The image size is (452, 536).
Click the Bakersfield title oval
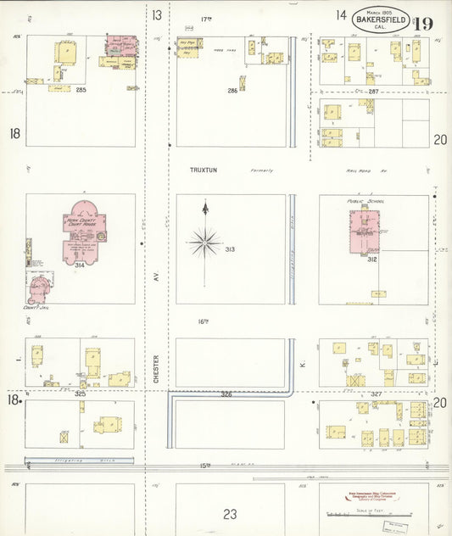pos(379,20)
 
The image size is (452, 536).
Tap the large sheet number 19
pos(424,22)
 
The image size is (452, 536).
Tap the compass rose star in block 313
pos(204,243)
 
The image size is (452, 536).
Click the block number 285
pos(81,89)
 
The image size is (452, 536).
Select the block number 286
pos(232,90)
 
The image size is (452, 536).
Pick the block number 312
pos(371,260)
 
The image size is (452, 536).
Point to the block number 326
pos(226,394)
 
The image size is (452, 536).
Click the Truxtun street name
pos(204,170)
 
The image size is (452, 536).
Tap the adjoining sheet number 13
pos(157,14)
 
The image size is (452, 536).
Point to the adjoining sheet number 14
pos(341,14)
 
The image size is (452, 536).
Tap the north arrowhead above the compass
pos(204,206)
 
